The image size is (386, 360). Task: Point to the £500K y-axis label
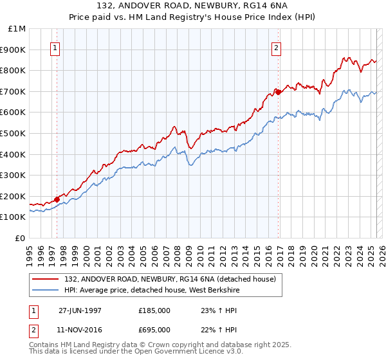(14, 133)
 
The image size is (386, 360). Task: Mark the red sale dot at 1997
(57, 199)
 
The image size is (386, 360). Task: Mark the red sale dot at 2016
(278, 93)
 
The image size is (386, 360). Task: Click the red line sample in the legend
(46, 279)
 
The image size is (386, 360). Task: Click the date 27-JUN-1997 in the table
(80, 310)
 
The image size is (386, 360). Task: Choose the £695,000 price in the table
(154, 329)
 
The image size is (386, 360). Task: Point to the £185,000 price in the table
(154, 310)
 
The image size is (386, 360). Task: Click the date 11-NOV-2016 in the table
(80, 329)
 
